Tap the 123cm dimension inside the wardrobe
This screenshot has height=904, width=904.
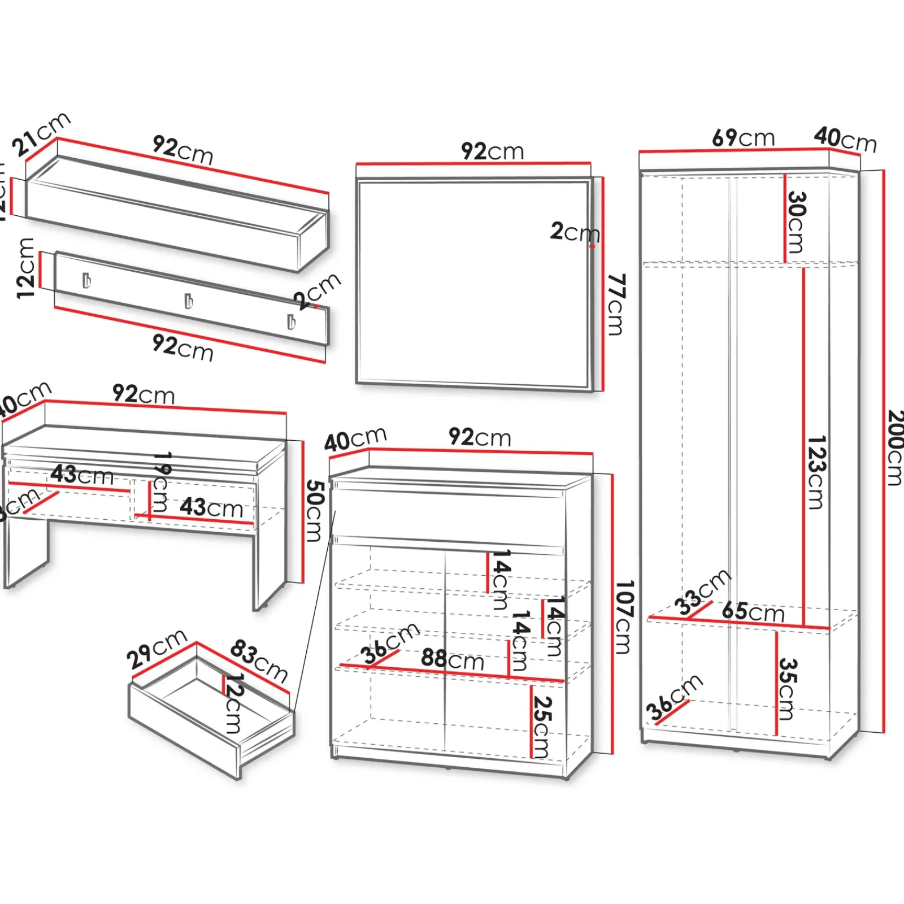point(816,472)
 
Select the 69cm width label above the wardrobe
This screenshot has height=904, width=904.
point(743,138)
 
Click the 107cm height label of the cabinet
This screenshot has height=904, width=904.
point(623,617)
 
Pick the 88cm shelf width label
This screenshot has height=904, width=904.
point(453,659)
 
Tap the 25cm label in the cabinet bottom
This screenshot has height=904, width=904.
point(541,727)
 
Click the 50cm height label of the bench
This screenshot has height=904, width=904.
point(314,511)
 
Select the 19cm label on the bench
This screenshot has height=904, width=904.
point(160,481)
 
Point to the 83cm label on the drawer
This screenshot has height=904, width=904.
point(259,660)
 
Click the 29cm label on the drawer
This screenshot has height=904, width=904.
point(157,649)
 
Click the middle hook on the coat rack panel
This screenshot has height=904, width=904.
point(189,301)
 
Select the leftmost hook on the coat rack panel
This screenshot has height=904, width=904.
point(86,280)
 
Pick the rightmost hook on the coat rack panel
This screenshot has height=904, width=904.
point(291,321)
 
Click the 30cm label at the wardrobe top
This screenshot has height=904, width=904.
point(796,222)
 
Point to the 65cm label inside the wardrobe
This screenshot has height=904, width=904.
point(753,612)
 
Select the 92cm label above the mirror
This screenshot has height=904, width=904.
point(493,151)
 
